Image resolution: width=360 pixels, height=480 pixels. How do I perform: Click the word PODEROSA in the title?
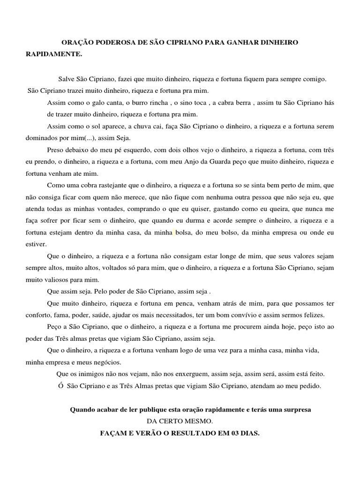[112, 43]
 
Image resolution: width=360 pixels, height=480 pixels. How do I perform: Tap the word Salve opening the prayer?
[67, 80]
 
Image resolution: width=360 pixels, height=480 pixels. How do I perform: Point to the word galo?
[93, 103]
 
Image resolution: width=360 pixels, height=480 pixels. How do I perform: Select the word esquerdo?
[139, 150]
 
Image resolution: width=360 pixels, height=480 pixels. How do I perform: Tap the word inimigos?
[94, 374]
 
